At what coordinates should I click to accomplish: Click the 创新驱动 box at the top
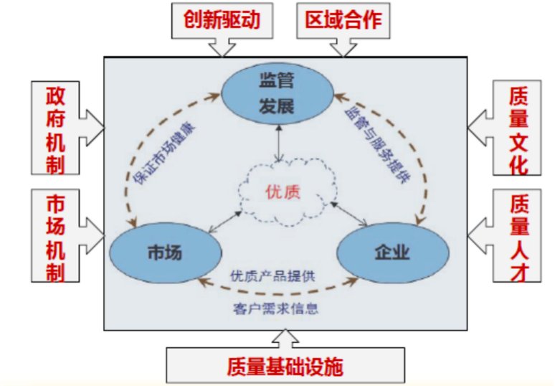222,20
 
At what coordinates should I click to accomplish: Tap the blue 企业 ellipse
392,252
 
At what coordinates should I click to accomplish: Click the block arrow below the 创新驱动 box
221,47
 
